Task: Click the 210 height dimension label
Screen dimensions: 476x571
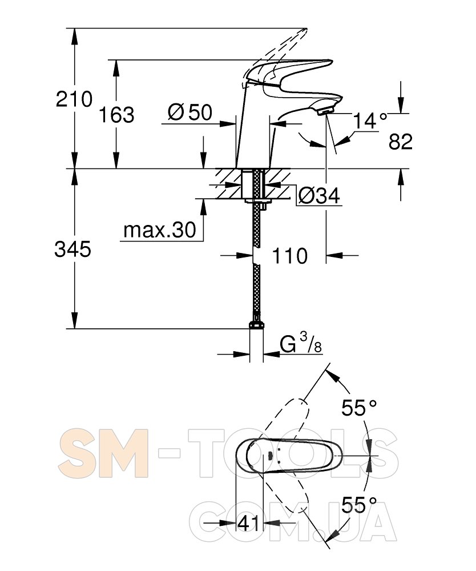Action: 74,99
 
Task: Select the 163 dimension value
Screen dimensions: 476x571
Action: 116,115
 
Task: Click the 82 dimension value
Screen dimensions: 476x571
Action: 401,141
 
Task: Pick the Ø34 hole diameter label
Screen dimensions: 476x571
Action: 319,196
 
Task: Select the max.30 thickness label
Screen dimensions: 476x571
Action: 160,230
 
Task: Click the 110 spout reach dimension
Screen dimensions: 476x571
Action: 290,256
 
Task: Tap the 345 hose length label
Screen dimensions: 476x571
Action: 73,250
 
